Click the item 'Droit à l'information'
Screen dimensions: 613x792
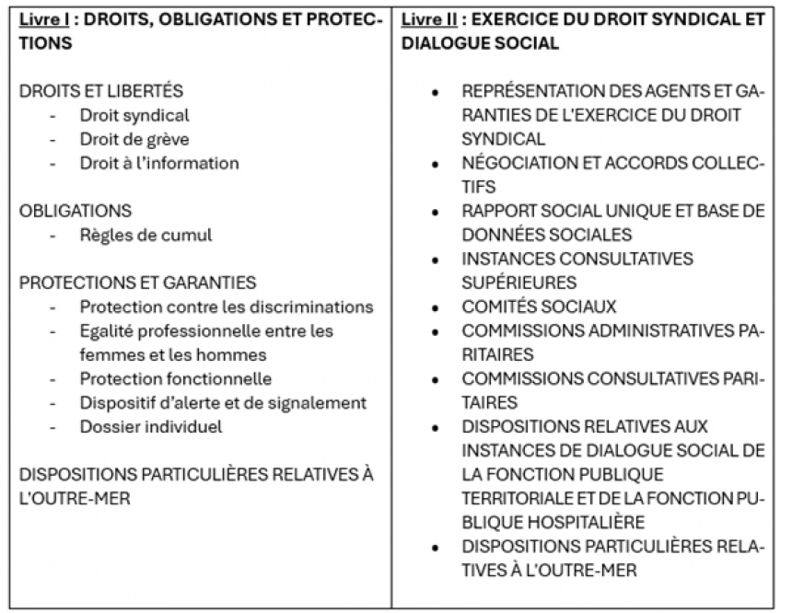158,163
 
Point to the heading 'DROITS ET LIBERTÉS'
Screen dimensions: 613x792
101,91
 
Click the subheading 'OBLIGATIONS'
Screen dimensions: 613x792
76,211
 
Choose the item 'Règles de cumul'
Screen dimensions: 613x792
146,235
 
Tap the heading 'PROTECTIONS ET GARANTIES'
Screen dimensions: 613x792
137,283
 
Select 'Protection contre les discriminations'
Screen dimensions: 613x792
226,306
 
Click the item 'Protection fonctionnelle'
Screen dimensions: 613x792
175,378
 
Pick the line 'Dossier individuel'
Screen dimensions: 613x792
150,426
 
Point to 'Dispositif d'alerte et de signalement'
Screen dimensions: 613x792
223,402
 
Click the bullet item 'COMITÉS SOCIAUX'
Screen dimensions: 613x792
539,306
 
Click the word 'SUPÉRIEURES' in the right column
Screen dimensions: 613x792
518,283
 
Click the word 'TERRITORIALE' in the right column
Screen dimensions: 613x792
518,498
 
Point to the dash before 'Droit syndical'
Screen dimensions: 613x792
53,115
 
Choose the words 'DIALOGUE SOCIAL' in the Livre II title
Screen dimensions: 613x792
480,43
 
